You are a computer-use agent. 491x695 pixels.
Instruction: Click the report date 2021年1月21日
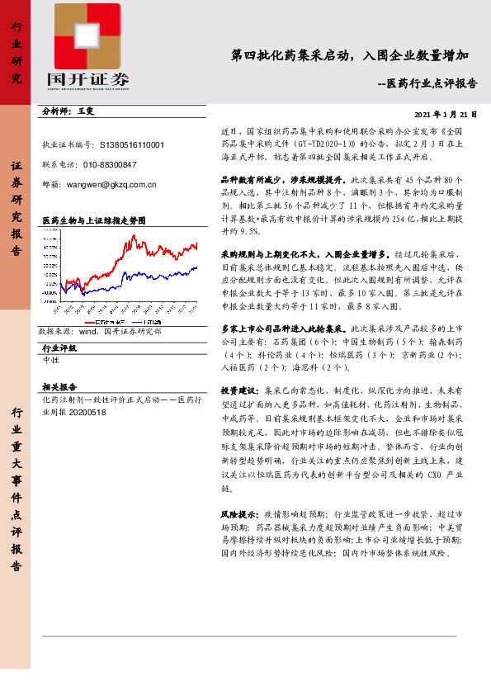point(446,114)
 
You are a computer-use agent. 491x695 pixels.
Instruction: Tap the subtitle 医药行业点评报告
point(432,83)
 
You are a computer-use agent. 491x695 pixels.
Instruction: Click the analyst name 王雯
point(87,111)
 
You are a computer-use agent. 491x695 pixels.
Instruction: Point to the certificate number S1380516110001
point(132,144)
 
